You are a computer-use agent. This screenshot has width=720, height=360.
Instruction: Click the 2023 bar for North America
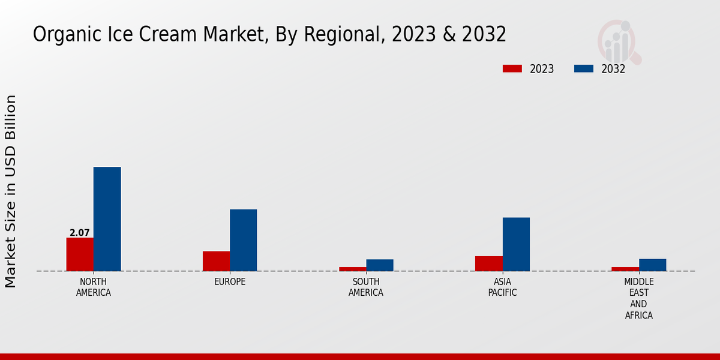click(x=80, y=254)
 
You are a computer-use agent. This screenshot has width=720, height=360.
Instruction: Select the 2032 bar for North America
click(x=107, y=219)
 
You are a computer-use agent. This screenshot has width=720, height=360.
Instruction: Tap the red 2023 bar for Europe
click(x=216, y=261)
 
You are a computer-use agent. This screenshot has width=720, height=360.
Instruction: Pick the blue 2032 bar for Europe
click(x=243, y=240)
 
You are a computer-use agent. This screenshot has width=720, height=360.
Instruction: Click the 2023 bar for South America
click(x=352, y=269)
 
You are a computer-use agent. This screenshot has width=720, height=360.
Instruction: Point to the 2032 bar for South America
click(x=380, y=265)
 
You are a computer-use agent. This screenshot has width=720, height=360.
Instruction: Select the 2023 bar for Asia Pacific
click(x=488, y=263)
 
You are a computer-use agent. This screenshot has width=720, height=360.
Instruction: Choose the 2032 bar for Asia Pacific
click(x=516, y=244)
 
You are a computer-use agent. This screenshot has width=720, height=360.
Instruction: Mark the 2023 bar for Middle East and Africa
click(x=625, y=269)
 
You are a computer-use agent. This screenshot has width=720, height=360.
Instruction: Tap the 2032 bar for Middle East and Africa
click(x=652, y=265)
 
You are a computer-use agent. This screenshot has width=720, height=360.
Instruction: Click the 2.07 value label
click(x=80, y=233)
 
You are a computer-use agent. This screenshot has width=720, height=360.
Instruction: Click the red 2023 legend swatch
click(x=512, y=68)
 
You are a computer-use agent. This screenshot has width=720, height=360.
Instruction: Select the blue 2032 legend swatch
click(x=584, y=68)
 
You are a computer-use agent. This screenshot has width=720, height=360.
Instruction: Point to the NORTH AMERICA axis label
click(x=93, y=287)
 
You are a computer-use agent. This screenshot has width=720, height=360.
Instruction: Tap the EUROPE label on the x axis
click(x=230, y=282)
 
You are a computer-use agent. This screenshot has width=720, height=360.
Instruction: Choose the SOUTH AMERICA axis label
click(x=366, y=287)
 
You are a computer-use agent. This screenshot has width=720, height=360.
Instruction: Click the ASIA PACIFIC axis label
click(x=502, y=287)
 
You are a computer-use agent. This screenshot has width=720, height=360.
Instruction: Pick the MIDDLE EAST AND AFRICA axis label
click(x=639, y=299)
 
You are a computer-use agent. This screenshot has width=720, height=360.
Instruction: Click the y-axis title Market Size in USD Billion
click(x=11, y=191)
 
